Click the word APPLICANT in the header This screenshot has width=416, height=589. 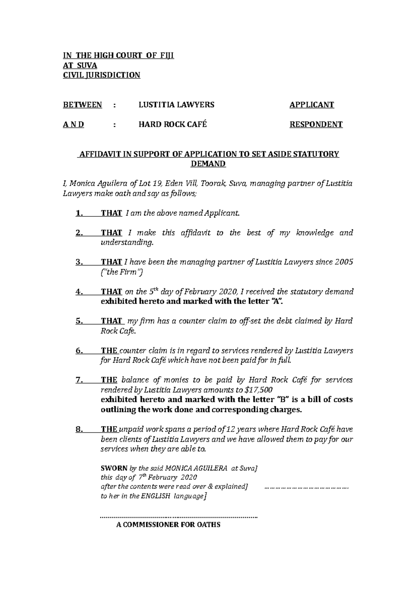point(312,105)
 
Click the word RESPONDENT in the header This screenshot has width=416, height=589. point(316,125)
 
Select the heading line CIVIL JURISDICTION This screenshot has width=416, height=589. point(101,75)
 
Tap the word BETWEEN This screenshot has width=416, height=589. point(83,105)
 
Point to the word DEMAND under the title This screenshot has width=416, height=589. point(208,164)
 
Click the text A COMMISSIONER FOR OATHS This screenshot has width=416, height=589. point(168,525)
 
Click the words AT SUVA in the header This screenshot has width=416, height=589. point(80,66)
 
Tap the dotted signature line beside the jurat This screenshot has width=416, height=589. point(306,487)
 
